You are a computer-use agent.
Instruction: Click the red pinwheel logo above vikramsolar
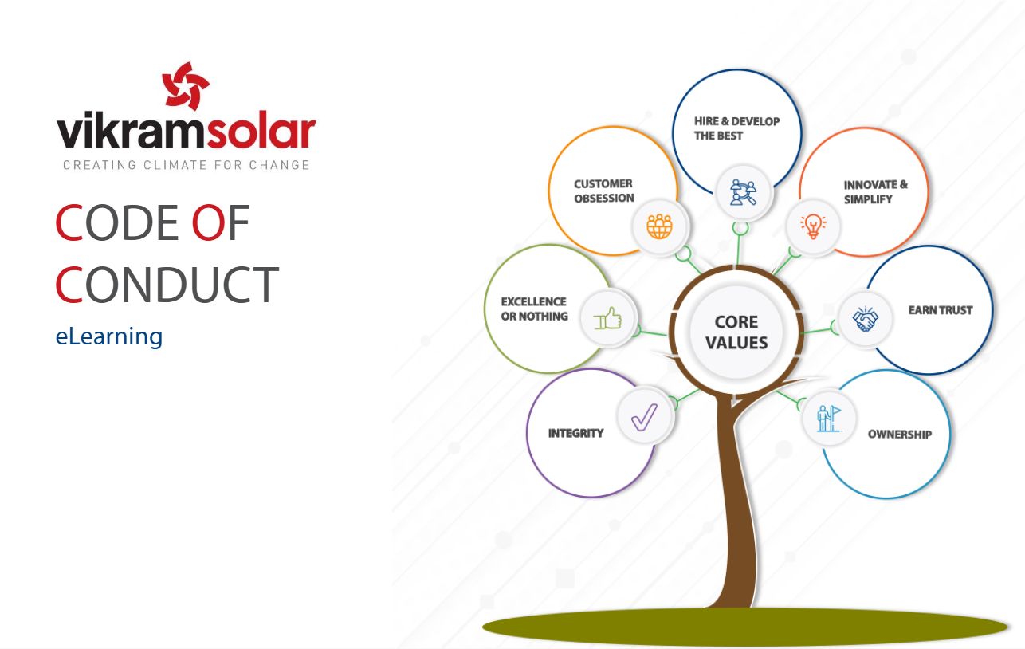(x=186, y=85)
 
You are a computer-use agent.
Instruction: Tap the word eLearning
(x=109, y=337)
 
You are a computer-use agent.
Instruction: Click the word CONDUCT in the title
(x=167, y=284)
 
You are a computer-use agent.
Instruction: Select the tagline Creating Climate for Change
(x=187, y=165)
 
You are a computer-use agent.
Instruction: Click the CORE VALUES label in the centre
(x=736, y=332)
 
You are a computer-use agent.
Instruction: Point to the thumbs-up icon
(x=607, y=318)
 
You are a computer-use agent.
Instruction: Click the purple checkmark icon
(x=644, y=416)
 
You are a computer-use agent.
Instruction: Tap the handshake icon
(x=866, y=319)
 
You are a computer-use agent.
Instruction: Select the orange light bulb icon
(x=813, y=226)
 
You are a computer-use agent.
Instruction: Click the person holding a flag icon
(x=829, y=419)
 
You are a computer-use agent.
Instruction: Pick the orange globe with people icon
(x=660, y=226)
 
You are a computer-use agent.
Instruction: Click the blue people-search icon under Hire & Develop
(x=744, y=192)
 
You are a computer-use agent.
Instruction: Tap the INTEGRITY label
(x=575, y=433)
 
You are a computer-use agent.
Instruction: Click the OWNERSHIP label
(x=900, y=435)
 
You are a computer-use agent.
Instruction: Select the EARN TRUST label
(x=941, y=310)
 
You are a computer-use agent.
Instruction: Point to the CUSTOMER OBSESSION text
(x=604, y=191)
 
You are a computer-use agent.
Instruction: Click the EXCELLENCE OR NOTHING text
(x=535, y=309)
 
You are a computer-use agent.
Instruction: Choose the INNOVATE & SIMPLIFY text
(x=876, y=192)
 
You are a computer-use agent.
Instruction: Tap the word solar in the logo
(x=261, y=131)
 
